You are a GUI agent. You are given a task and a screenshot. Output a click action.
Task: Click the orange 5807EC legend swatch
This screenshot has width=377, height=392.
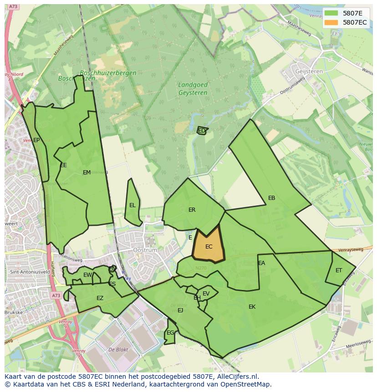tap(331, 22)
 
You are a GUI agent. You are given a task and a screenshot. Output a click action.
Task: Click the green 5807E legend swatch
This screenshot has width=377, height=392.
tap(331, 13)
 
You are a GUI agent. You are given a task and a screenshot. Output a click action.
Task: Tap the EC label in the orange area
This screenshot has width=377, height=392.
tap(209, 247)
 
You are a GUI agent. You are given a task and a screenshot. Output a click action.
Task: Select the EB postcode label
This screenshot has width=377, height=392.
tap(272, 198)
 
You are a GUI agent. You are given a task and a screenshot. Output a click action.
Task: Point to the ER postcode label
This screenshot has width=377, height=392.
tap(192, 210)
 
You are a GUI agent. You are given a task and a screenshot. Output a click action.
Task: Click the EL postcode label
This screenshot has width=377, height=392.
tap(132, 205)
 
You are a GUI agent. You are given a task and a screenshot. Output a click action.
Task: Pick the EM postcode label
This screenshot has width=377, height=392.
tap(87, 173)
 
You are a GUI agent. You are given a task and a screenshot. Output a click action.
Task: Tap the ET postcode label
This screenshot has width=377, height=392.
tap(339, 270)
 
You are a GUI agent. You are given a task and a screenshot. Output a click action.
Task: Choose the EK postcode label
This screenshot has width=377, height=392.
tap(252, 307)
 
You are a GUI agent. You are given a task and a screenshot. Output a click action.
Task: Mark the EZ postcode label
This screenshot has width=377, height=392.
tap(100, 299)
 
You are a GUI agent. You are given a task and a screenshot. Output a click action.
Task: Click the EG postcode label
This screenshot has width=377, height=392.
tap(170, 333)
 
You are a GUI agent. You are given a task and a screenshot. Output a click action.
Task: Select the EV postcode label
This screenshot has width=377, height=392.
tap(206, 294)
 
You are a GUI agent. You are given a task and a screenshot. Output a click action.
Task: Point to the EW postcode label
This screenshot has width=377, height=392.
tap(87, 275)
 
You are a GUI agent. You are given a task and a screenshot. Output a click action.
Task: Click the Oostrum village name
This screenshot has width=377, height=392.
tap(145, 250)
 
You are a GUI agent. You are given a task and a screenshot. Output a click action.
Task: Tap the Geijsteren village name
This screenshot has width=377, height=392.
tap(309, 71)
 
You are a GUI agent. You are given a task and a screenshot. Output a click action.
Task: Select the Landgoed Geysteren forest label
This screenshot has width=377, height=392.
tap(193, 89)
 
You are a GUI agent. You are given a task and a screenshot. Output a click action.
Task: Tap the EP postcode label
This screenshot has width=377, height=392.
tap(36, 140)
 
